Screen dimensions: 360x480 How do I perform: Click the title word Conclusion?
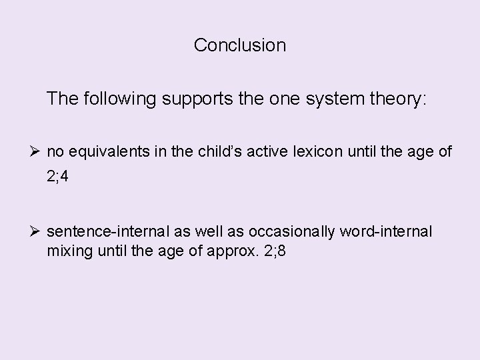[240, 45]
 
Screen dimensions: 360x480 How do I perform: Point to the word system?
[339, 99]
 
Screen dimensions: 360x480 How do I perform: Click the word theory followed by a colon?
[397, 99]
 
